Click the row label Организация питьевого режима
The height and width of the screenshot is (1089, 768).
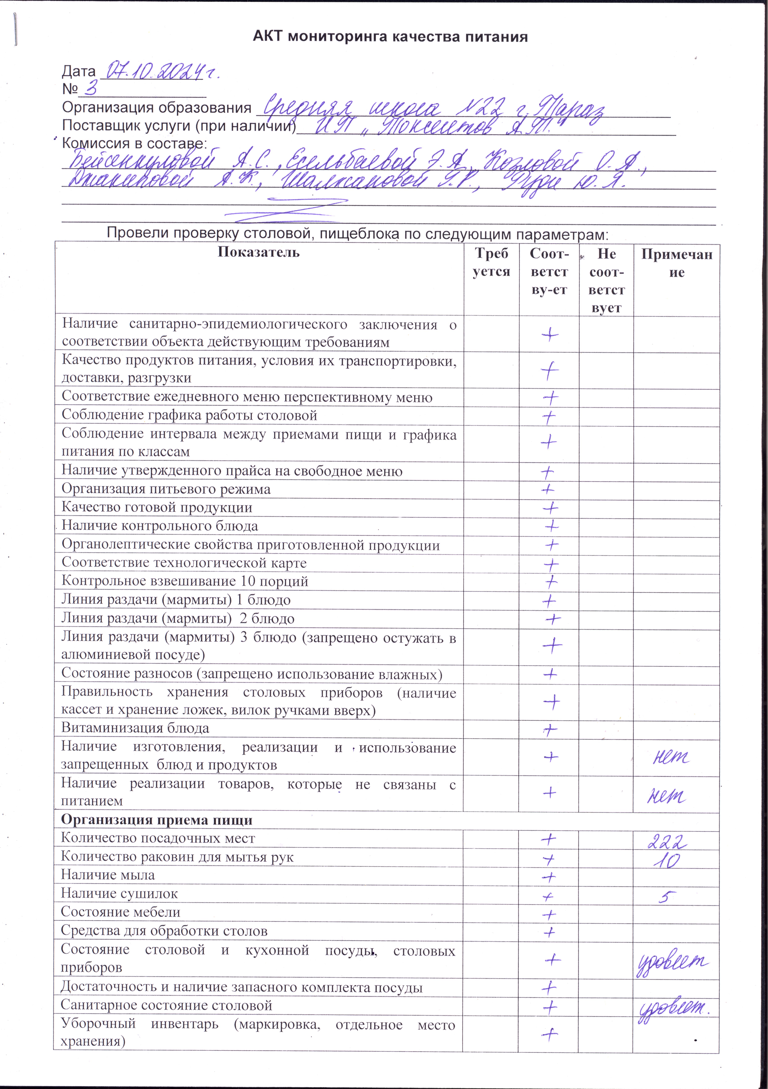tap(166, 489)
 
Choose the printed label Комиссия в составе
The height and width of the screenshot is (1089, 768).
tap(134, 143)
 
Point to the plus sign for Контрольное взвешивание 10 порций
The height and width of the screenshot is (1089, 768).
tap(551, 581)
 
